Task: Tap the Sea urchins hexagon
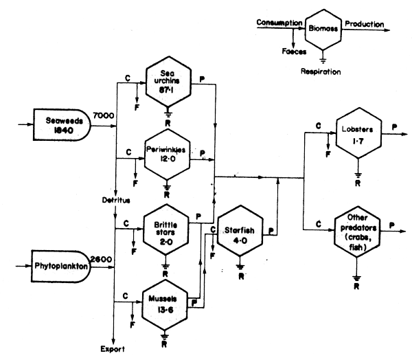[x=168, y=82]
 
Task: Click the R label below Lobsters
[x=356, y=183]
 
